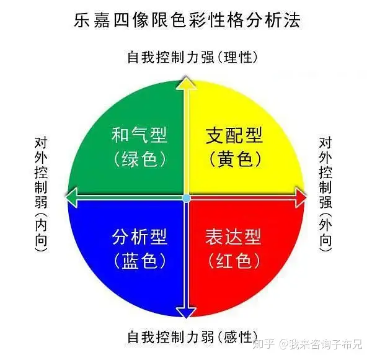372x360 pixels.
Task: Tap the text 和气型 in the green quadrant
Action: click(x=139, y=135)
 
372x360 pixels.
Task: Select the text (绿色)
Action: click(x=139, y=160)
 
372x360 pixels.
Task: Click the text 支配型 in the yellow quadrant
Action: click(x=234, y=135)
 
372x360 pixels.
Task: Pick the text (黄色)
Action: click(x=234, y=160)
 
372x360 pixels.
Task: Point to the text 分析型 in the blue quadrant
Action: click(x=139, y=236)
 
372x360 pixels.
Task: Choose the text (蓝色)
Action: click(x=139, y=261)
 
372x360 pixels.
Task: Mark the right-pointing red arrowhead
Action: click(x=300, y=198)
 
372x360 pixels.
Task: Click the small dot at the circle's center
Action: click(x=186, y=198)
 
